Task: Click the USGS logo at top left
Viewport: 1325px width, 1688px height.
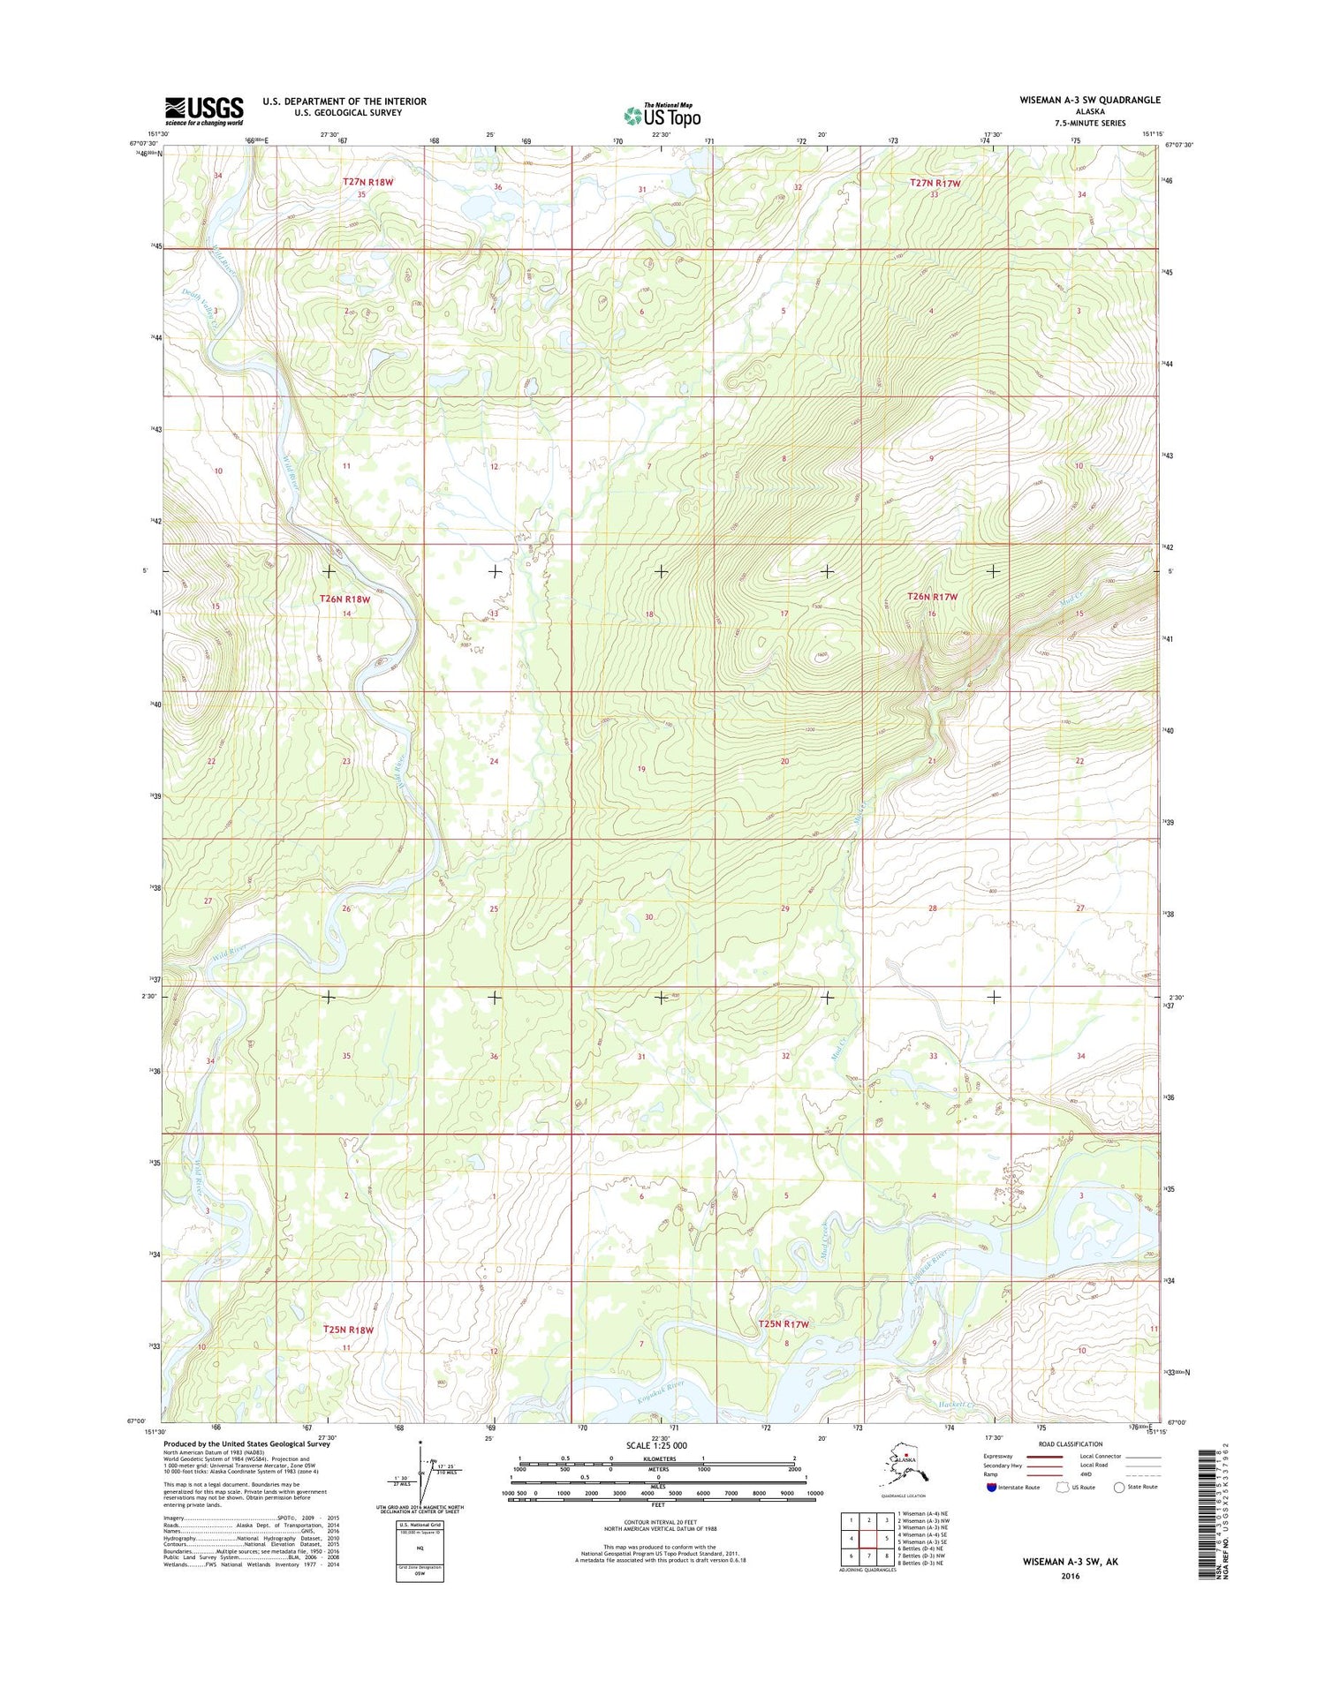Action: click(x=204, y=108)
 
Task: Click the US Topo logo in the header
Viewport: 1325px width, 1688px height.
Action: click(x=662, y=115)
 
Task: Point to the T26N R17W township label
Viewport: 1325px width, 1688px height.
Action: click(x=933, y=597)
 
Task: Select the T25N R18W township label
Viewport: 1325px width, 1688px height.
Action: click(x=348, y=1329)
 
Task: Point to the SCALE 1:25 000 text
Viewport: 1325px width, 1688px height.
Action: click(x=656, y=1445)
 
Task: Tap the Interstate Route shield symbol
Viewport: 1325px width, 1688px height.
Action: click(x=991, y=1487)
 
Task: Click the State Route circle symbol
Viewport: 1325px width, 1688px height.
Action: click(x=1119, y=1487)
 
